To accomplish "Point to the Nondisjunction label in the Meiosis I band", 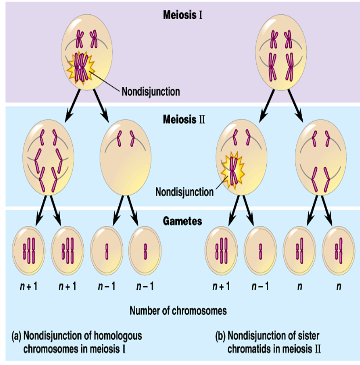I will (x=151, y=91).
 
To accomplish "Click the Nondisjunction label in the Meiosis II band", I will (x=184, y=192).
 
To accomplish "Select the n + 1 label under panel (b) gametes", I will (x=221, y=286).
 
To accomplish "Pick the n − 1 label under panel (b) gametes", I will (x=260, y=286).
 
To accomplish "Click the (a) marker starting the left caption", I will (x=17, y=335).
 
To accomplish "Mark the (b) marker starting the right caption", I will (x=220, y=335).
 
